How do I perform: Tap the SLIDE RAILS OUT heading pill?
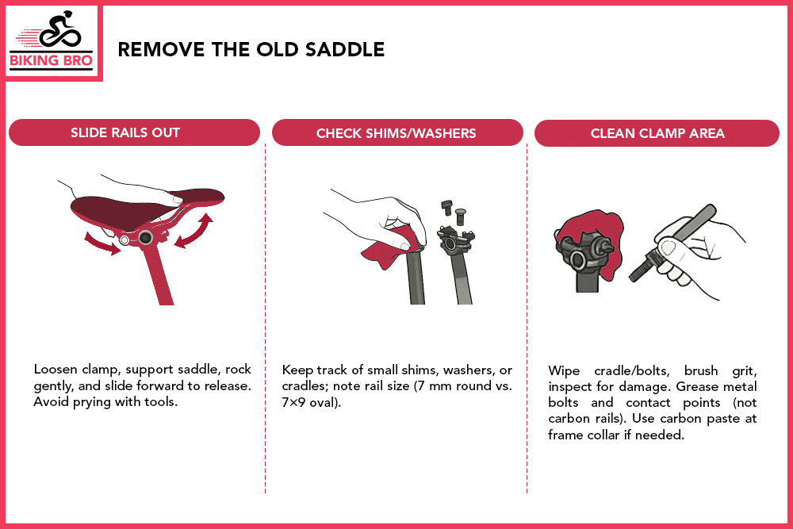(x=133, y=132)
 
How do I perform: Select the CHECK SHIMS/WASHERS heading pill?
(x=396, y=132)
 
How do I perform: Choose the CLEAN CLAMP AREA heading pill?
(x=657, y=132)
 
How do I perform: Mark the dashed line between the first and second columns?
(x=265, y=317)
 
